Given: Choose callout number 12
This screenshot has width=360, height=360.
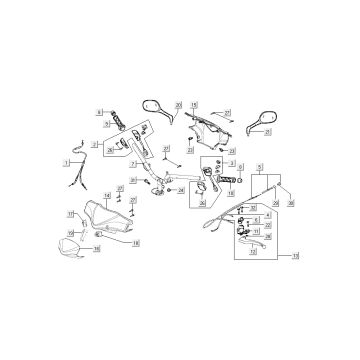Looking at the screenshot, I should coord(253,253).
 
